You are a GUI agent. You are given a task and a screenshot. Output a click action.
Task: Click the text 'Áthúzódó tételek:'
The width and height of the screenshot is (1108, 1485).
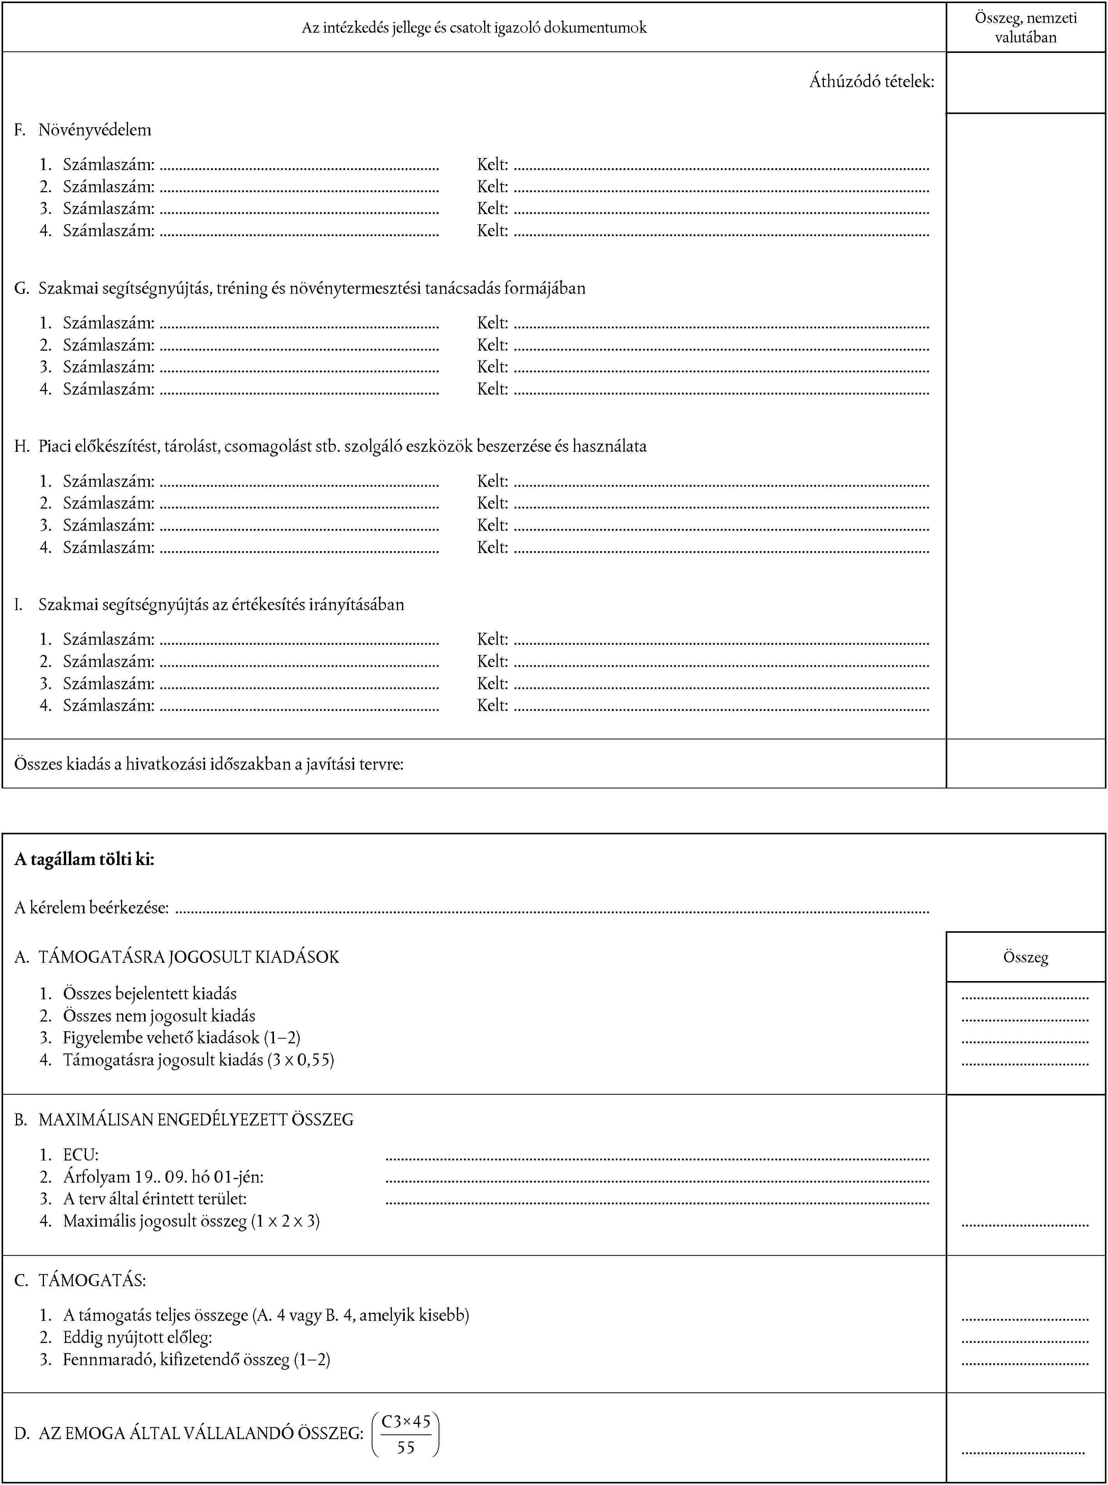(x=871, y=82)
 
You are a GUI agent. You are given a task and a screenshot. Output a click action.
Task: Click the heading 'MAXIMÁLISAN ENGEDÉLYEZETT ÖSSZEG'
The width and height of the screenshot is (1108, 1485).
(x=195, y=1120)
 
